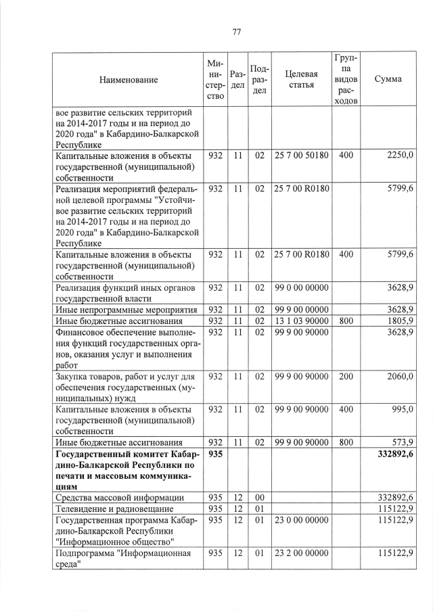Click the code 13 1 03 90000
pos(301,321)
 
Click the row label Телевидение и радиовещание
pos(115,508)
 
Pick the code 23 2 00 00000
pos(301,552)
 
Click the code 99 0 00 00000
pos(301,287)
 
